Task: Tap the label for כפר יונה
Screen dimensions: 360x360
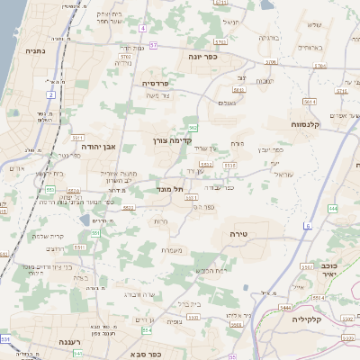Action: (x=219, y=56)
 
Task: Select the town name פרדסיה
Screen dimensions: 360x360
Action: (x=162, y=83)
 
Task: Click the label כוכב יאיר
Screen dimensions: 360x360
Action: (x=329, y=271)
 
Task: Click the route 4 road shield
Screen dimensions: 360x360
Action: (x=141, y=28)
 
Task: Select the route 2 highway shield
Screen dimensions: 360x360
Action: (x=51, y=94)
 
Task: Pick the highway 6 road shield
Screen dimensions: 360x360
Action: (x=308, y=224)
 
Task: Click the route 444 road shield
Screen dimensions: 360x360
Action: (x=332, y=208)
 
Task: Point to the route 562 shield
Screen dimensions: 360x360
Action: (x=193, y=128)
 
